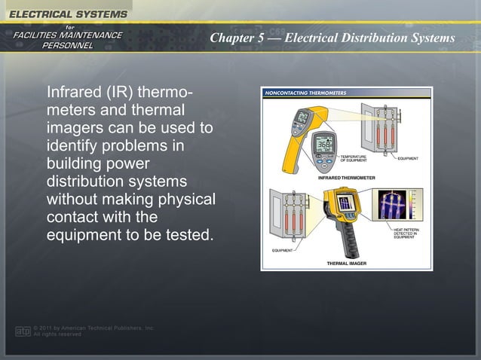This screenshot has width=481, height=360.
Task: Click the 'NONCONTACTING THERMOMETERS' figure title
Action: tap(304, 93)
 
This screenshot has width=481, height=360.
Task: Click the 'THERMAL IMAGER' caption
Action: tap(347, 264)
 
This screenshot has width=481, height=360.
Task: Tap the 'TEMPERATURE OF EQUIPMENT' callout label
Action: tap(354, 159)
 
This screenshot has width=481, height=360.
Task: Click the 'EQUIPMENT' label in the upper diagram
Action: tap(408, 159)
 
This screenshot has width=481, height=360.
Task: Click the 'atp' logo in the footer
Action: tap(23, 331)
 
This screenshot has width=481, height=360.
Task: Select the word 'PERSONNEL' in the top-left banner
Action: tap(68, 45)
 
